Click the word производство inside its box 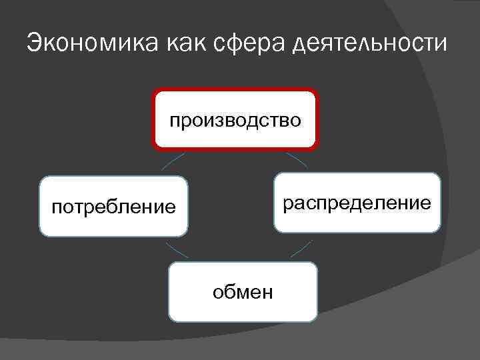tap(235, 121)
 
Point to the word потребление tap(114, 207)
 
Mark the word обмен tap(243, 292)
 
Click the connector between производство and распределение tap(297, 159)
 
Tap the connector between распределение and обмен tap(301, 249)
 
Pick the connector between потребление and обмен tap(176, 251)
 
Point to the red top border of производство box tap(235, 90)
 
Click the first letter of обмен tap(217, 292)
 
